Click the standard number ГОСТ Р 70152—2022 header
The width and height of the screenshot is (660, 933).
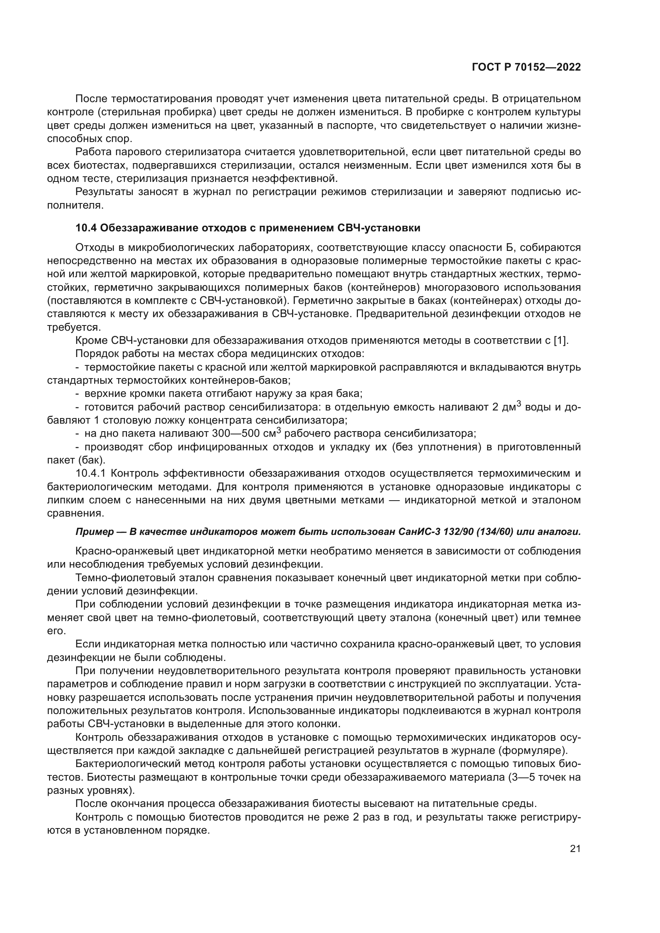point(526,67)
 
